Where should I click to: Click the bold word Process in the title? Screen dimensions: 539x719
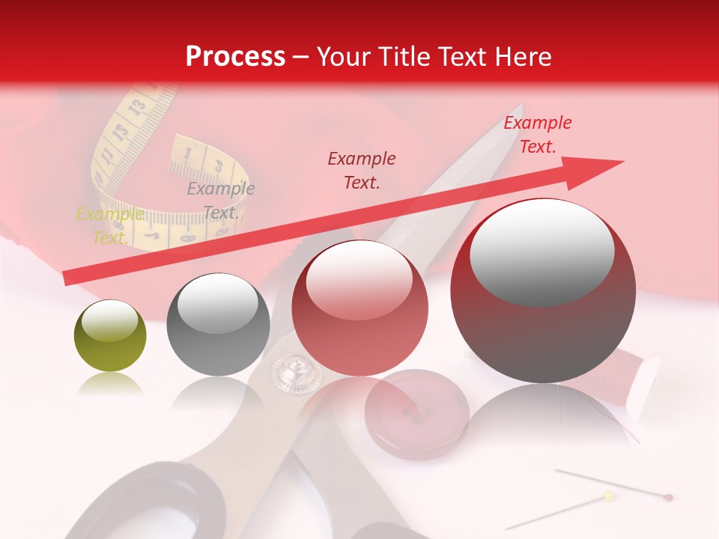(235, 57)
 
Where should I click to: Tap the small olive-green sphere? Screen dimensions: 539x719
(110, 336)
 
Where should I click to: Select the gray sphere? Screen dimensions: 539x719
(218, 324)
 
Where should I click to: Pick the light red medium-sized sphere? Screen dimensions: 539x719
(360, 308)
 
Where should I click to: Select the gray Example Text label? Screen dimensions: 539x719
(220, 201)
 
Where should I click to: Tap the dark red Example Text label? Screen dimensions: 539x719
(362, 170)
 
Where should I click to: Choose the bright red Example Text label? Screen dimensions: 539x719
(537, 135)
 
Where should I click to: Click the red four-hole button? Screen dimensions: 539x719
(416, 414)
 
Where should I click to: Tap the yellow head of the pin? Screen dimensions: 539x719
(608, 496)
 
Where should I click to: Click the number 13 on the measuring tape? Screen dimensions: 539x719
(136, 107)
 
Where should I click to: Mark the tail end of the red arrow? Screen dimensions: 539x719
(66, 278)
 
